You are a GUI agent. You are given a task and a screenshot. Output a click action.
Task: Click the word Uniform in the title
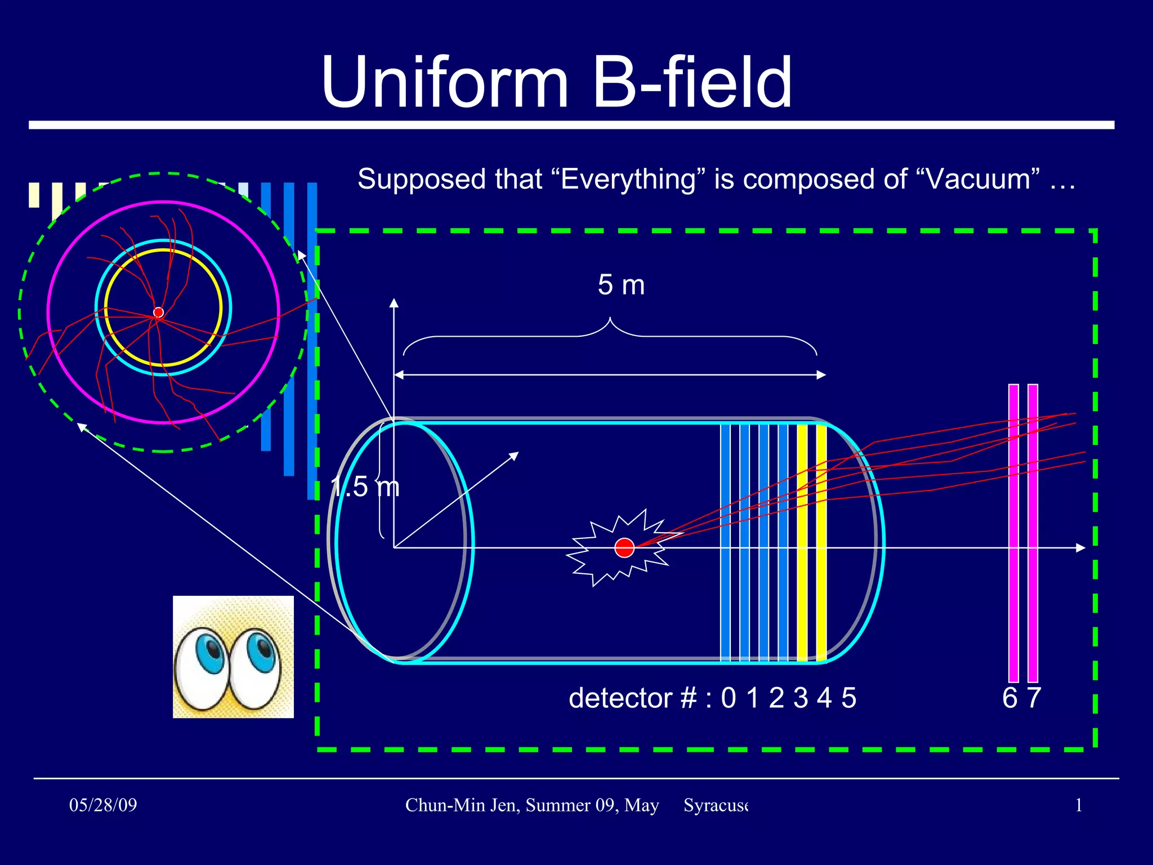click(x=445, y=83)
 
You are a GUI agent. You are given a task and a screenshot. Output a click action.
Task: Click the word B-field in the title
click(x=692, y=83)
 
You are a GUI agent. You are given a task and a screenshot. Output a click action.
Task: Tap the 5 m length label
click(x=621, y=285)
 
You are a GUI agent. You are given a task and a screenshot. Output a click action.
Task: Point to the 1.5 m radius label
click(x=365, y=487)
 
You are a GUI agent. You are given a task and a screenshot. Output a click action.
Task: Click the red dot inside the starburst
click(x=624, y=547)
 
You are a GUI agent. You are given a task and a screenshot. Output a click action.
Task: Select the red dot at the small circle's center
click(x=159, y=312)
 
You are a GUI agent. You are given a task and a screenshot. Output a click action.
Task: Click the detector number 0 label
click(x=729, y=698)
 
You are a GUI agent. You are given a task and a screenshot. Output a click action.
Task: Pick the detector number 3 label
click(x=801, y=698)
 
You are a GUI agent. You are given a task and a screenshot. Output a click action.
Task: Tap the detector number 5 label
click(x=849, y=698)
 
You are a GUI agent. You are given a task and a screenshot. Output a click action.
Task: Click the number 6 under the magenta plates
click(x=1010, y=698)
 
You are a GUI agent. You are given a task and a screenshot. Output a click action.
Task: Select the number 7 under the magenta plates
click(x=1034, y=698)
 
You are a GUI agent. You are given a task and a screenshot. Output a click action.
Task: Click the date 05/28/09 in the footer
click(x=103, y=805)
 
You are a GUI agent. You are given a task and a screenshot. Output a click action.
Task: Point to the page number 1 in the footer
click(x=1079, y=805)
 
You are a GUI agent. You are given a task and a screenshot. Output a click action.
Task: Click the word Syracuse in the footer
click(x=716, y=805)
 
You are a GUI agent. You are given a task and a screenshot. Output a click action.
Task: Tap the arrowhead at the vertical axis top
click(x=394, y=303)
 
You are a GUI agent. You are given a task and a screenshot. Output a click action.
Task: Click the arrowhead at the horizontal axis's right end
click(x=1080, y=547)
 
